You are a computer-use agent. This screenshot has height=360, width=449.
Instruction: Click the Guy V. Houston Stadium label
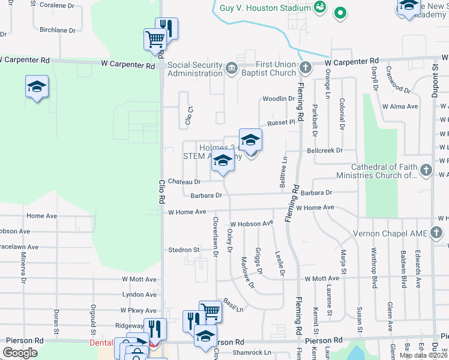[265, 8]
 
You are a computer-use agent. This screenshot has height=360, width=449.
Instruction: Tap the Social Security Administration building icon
[232, 67]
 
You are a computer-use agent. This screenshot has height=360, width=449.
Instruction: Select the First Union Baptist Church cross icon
[306, 67]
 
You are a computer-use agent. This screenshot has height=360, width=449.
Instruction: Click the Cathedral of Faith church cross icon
[426, 169]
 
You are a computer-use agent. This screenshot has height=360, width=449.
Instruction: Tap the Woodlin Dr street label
[279, 99]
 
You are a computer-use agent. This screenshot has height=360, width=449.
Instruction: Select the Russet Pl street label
[282, 122]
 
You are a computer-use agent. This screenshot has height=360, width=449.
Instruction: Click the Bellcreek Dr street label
[324, 150]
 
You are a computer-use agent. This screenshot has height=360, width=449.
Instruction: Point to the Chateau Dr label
[184, 181]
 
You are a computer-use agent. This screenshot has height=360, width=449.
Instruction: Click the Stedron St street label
[183, 250]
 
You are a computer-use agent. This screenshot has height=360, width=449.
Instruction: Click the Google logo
[20, 353]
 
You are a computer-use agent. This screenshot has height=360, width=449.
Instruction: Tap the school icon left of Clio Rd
[37, 86]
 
